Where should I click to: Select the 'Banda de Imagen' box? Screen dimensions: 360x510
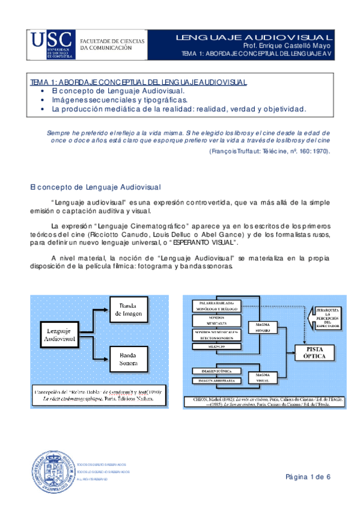point(130,309)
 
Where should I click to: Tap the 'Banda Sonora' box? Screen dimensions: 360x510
point(129,359)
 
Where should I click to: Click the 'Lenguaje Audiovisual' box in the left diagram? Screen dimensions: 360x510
point(59,336)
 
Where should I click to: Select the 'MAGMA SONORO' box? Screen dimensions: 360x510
point(265,328)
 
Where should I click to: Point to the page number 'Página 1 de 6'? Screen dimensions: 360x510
point(308,477)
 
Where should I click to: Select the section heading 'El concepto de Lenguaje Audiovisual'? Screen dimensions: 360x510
point(85,188)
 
